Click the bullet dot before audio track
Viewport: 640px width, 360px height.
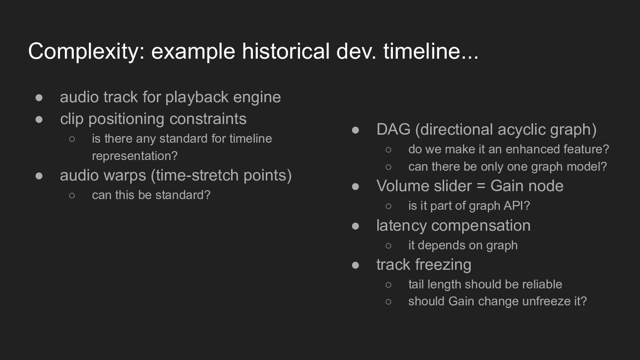[39, 98]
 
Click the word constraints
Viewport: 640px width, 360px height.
[208, 119]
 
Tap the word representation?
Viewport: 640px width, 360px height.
[135, 156]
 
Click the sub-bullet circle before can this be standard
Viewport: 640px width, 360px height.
[72, 196]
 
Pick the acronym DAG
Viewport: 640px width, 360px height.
[393, 129]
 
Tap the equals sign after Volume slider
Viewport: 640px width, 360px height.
[481, 186]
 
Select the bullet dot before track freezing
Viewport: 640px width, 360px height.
[356, 265]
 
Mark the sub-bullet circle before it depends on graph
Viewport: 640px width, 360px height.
[388, 246]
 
